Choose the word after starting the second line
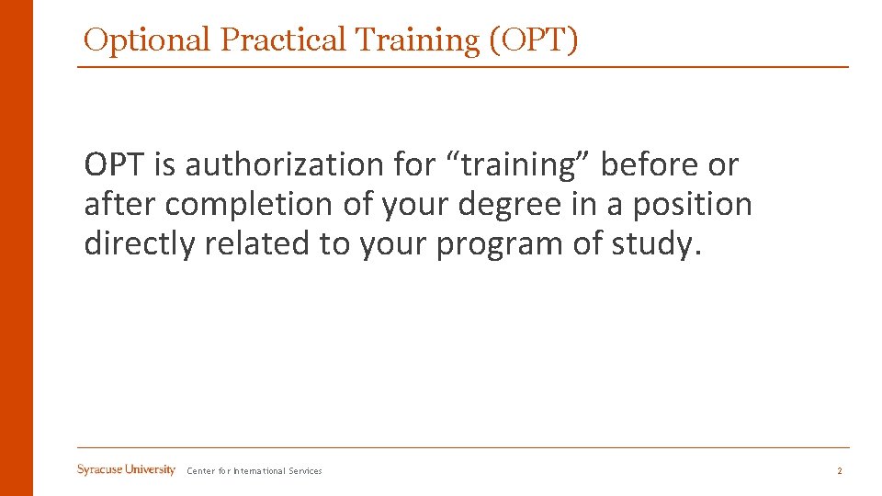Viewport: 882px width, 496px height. pyautogui.click(x=120, y=205)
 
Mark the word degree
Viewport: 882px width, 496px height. pyautogui.click(x=507, y=205)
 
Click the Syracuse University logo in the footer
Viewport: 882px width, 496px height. pyautogui.click(x=126, y=470)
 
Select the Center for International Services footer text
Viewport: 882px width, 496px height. pyautogui.click(x=254, y=471)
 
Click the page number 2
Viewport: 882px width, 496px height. pyautogui.click(x=839, y=471)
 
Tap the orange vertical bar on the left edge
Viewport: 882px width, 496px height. pyautogui.click(x=16, y=248)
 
